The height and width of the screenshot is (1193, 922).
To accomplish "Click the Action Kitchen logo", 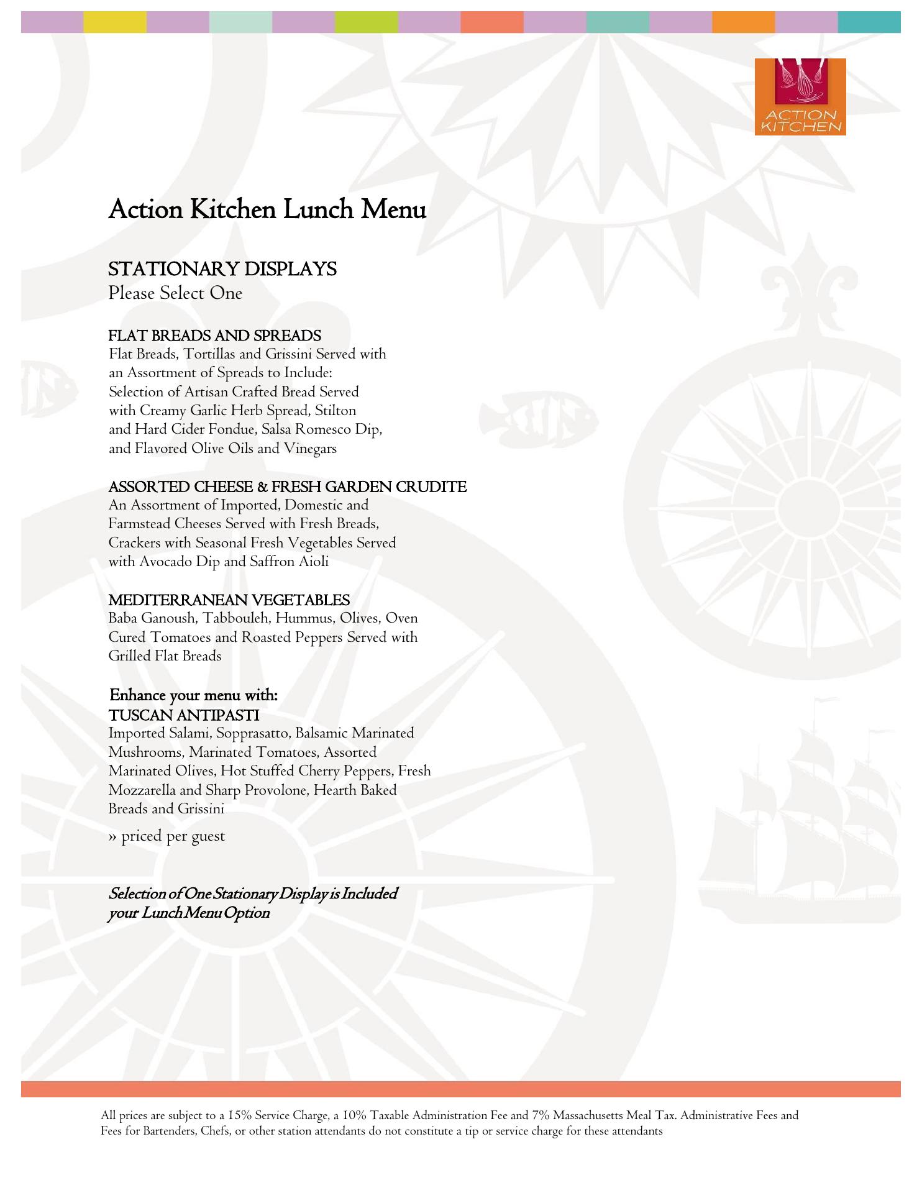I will point(800,97).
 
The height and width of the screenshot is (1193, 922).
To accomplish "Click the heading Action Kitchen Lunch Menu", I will point(267,210).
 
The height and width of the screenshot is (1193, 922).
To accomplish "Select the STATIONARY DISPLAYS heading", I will point(222,269).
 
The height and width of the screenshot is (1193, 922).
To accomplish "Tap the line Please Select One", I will point(175,293).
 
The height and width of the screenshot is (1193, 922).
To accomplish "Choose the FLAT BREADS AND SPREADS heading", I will point(214,336).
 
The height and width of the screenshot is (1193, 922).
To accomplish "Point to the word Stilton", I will point(335,411).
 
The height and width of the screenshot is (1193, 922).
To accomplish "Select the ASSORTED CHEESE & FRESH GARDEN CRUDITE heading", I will point(287,487).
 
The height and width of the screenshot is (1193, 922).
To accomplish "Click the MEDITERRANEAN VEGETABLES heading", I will point(229,600).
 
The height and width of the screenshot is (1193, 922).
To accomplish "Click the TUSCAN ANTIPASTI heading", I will point(183,715).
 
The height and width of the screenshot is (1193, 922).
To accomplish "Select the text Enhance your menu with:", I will point(193,695).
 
